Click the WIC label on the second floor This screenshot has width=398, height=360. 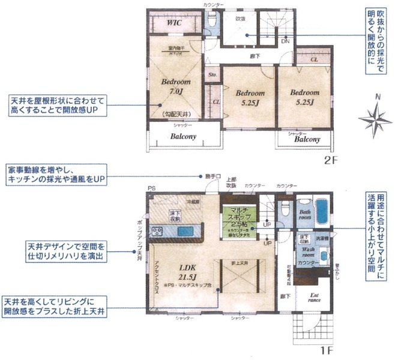(175, 23)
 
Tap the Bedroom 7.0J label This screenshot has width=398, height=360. (176, 86)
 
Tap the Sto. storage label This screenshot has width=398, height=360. (212, 75)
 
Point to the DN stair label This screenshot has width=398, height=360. (285, 41)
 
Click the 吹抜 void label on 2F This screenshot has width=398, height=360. (241, 19)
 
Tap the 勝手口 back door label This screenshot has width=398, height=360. (210, 176)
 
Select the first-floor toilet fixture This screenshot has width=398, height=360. (285, 209)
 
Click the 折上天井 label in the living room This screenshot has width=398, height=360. (239, 263)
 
